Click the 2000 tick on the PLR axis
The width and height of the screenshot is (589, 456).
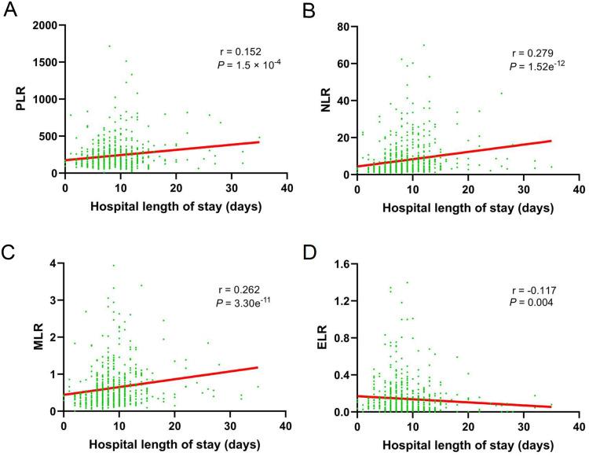(45, 25)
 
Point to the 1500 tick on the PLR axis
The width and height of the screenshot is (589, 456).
(45, 62)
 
